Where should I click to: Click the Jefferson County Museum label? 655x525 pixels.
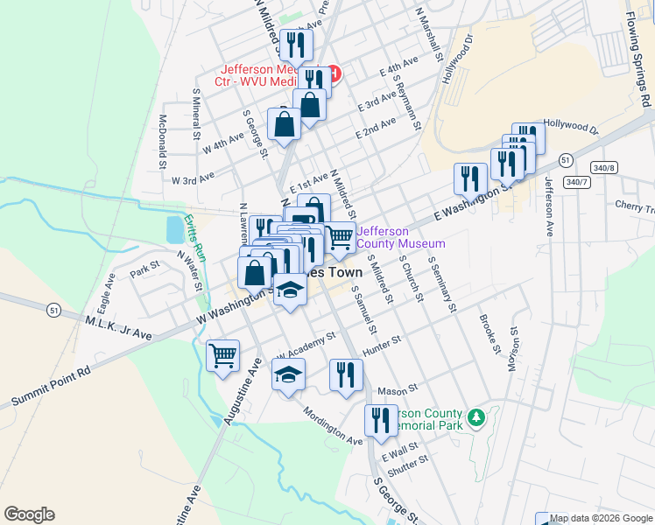coord(401,237)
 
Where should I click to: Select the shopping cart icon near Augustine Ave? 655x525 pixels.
coord(223,355)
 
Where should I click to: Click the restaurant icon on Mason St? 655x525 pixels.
coord(346,374)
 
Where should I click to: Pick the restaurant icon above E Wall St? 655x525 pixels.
coord(380,420)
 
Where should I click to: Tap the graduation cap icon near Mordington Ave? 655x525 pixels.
coord(286,375)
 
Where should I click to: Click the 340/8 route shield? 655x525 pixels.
coord(604,166)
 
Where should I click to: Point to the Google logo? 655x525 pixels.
coord(29,514)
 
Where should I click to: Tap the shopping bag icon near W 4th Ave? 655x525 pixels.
coord(285,125)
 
